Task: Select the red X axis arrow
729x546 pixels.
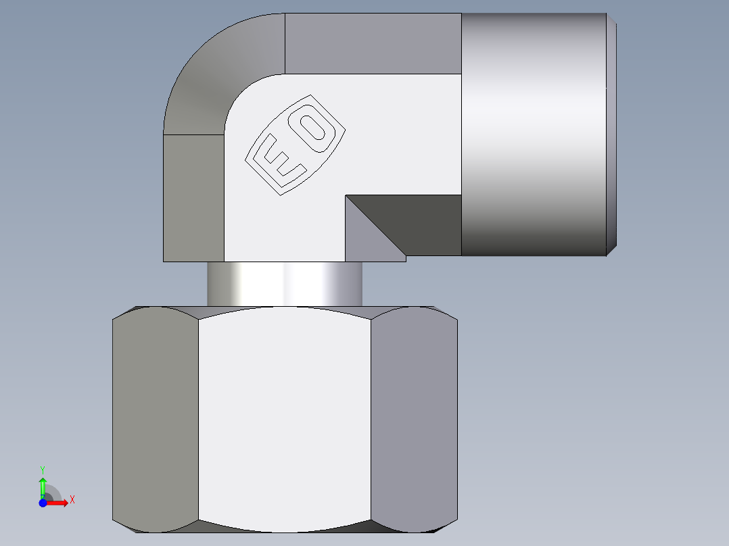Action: coord(58,503)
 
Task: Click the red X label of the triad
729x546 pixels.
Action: coord(72,500)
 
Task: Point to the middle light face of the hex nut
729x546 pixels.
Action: coord(284,419)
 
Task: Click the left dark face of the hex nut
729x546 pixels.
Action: coord(156,419)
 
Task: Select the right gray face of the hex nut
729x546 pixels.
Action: coord(414,419)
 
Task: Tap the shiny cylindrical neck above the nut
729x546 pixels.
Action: coord(284,284)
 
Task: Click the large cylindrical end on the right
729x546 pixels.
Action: coord(534,135)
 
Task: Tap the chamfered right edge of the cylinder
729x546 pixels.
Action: coord(612,135)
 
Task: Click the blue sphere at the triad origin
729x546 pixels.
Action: coord(43,503)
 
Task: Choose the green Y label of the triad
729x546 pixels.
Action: coord(43,468)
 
